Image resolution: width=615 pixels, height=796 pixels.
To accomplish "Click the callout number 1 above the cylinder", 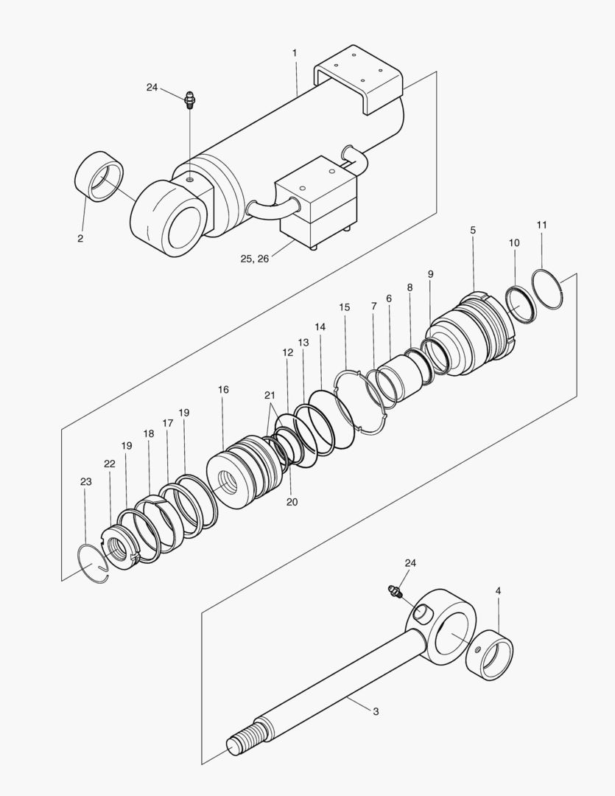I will pyautogui.click(x=295, y=53).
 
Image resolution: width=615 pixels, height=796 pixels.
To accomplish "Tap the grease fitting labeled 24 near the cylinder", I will pyautogui.click(x=189, y=99).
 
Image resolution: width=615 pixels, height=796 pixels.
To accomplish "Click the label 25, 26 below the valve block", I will pyautogui.click(x=255, y=259).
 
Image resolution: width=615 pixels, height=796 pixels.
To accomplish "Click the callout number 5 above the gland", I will pyautogui.click(x=472, y=231).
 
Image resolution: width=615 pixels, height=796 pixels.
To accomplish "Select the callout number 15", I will pyautogui.click(x=345, y=307).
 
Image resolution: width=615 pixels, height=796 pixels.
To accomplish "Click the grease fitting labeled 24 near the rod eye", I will pyautogui.click(x=396, y=591).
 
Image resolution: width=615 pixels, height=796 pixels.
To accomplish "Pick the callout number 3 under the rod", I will pyautogui.click(x=376, y=712).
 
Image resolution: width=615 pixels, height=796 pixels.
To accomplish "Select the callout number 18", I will pyautogui.click(x=149, y=434).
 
